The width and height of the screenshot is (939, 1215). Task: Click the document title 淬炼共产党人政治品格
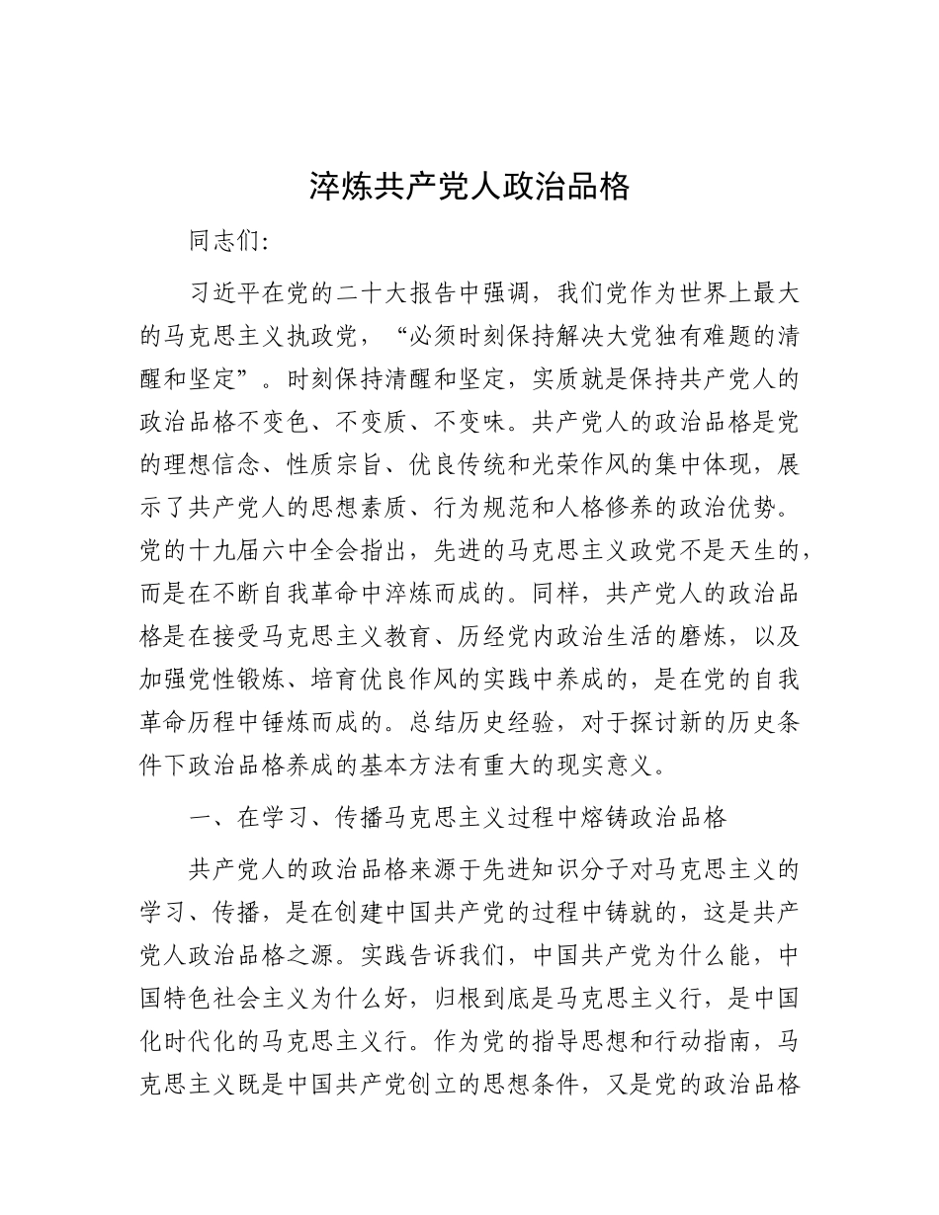point(469,186)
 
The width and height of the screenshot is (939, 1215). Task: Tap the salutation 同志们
point(225,242)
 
